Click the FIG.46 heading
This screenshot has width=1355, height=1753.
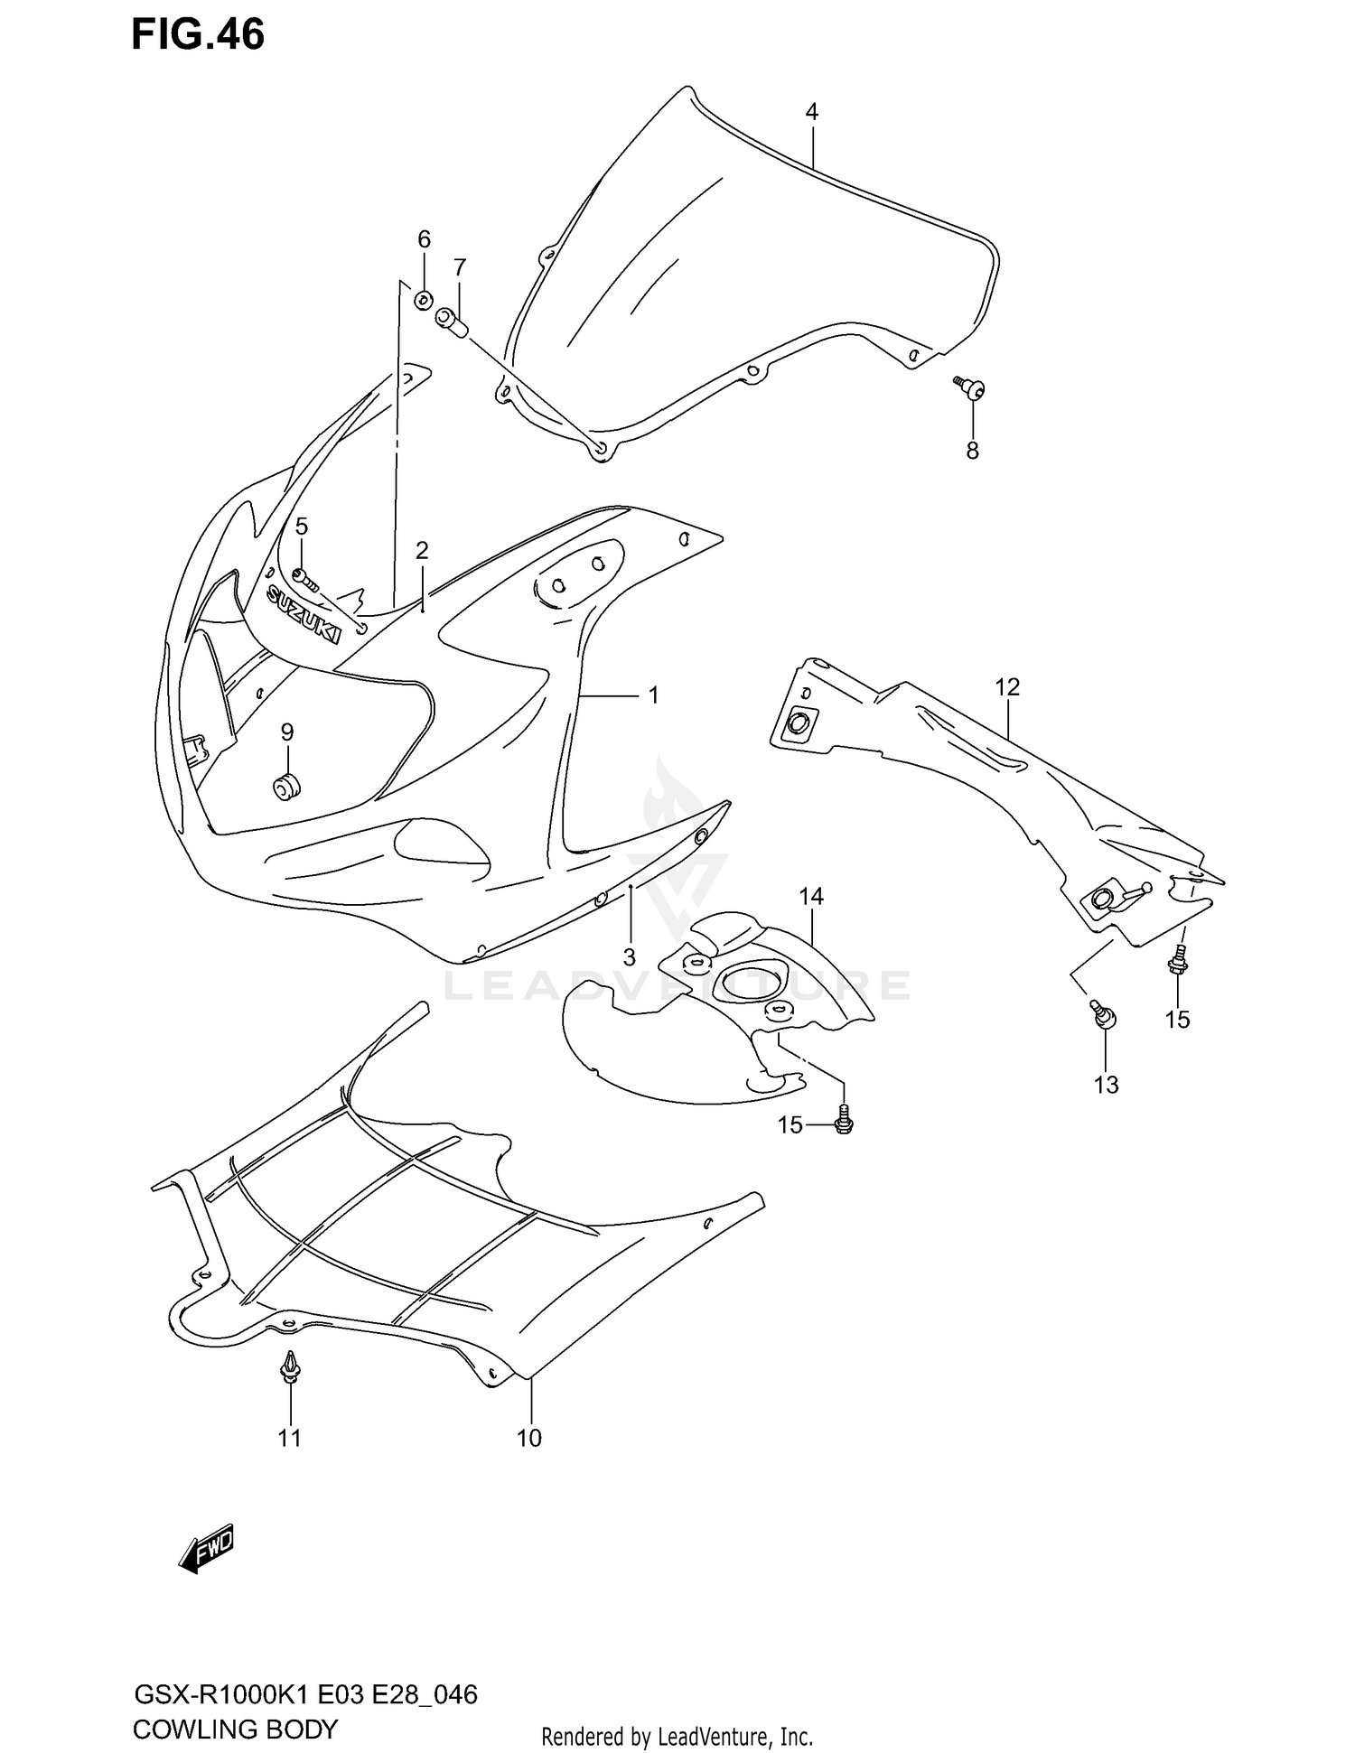pyautogui.click(x=198, y=34)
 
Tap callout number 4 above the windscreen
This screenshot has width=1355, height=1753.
pyautogui.click(x=811, y=112)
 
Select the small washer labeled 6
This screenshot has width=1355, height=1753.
pyautogui.click(x=423, y=300)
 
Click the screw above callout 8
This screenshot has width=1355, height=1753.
pyautogui.click(x=971, y=388)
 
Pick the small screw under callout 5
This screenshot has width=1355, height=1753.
pyautogui.click(x=304, y=577)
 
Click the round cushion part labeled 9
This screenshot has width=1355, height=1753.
pyautogui.click(x=287, y=787)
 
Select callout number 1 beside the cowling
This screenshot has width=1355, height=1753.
pyautogui.click(x=653, y=695)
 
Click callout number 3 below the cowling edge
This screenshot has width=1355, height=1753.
pyautogui.click(x=629, y=956)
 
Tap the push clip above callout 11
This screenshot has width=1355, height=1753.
pyautogui.click(x=290, y=1368)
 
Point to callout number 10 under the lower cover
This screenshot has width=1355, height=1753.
pyautogui.click(x=528, y=1438)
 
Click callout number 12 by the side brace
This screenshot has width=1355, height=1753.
pyautogui.click(x=1007, y=687)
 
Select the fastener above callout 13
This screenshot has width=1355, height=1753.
pyautogui.click(x=1105, y=1016)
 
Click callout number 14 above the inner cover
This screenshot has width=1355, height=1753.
pyautogui.click(x=810, y=896)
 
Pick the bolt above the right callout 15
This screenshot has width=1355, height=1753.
pyautogui.click(x=1177, y=963)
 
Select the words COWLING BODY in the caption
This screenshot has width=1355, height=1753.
pyautogui.click(x=235, y=1730)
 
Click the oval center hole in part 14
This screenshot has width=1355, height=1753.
pyautogui.click(x=748, y=982)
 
